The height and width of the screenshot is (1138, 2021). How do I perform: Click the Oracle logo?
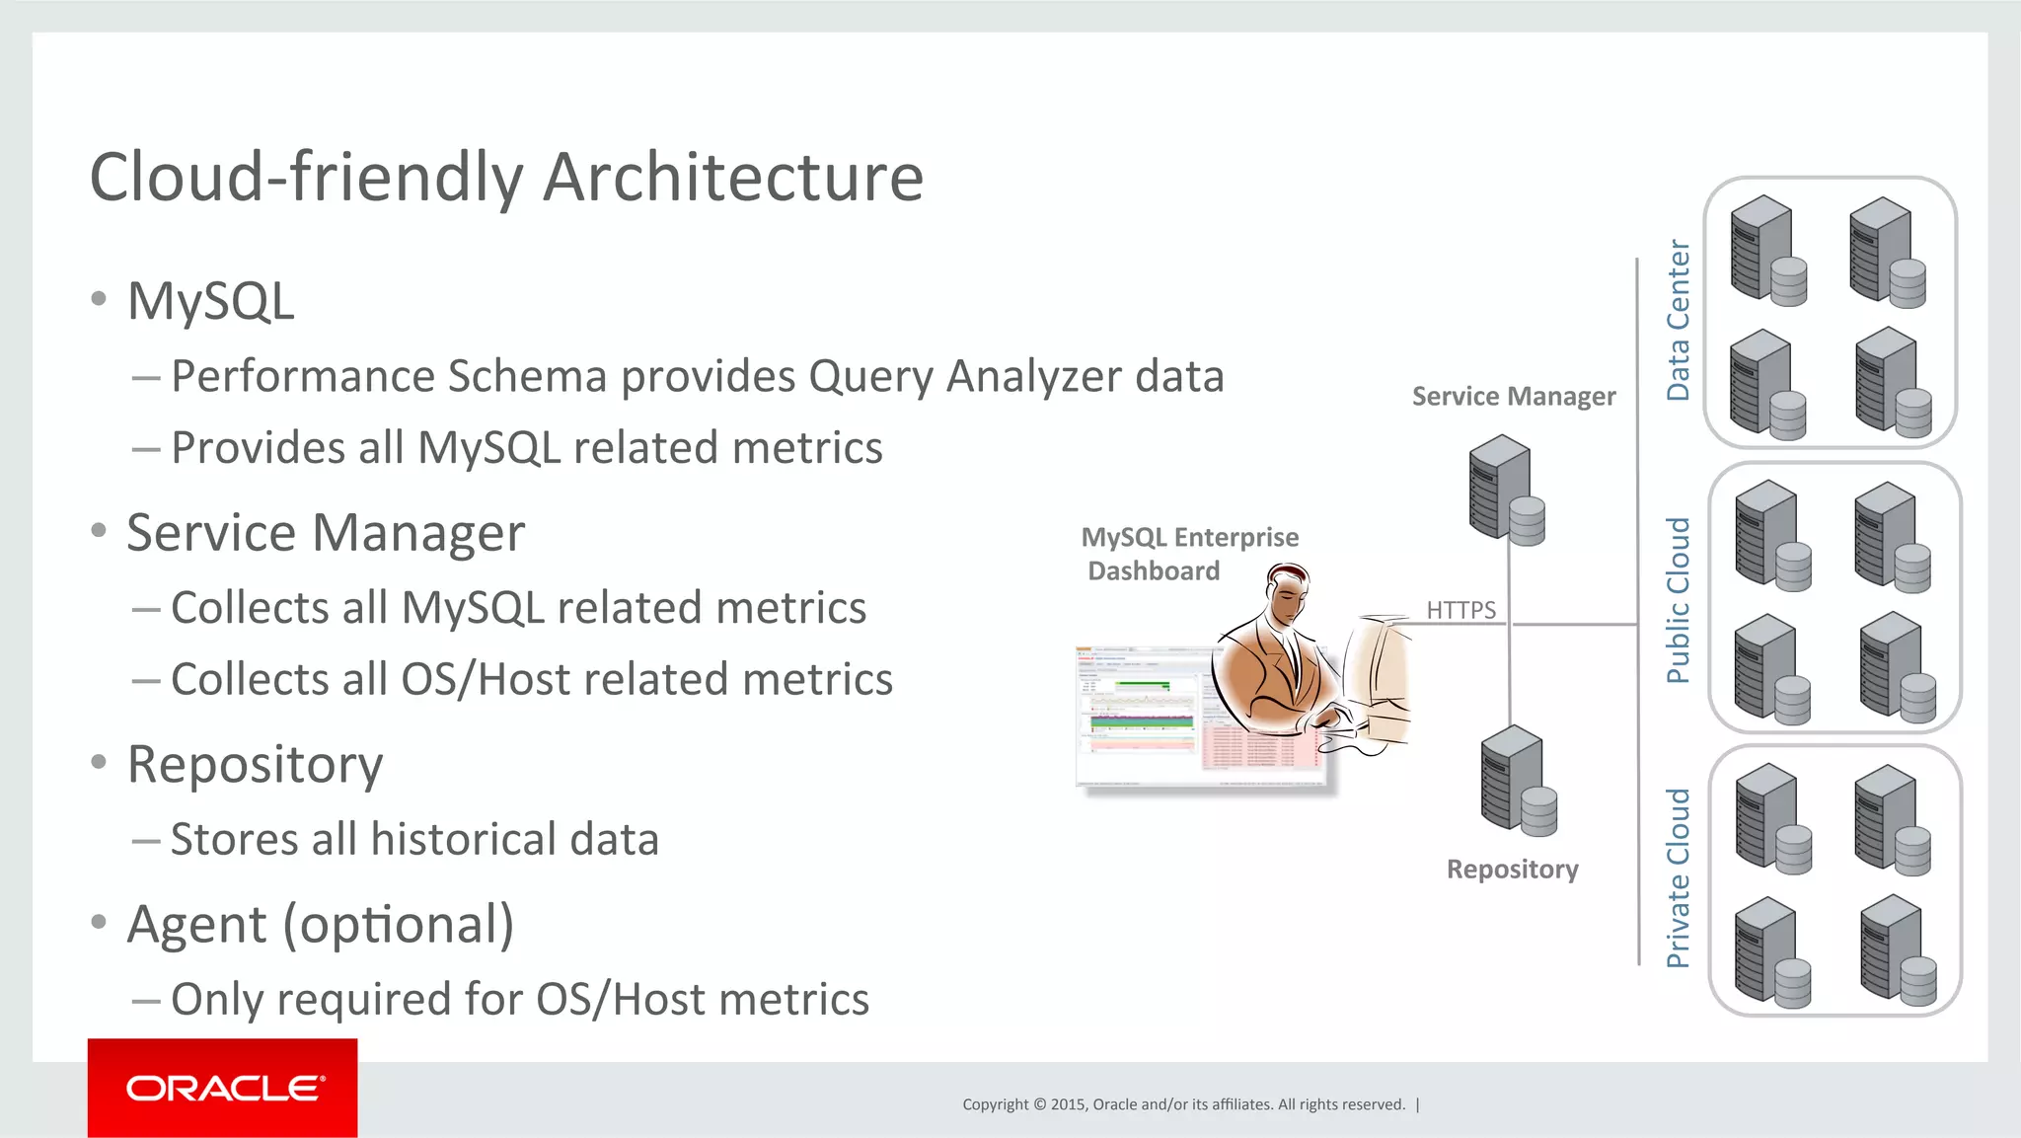[x=223, y=1088]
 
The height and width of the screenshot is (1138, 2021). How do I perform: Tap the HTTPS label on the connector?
[x=1460, y=610]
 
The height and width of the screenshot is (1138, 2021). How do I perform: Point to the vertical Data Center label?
[x=1678, y=320]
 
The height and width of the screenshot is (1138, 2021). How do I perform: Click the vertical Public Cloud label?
[x=1678, y=600]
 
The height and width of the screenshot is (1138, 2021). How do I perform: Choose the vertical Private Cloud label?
[x=1678, y=877]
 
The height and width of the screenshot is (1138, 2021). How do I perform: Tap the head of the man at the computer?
[x=1289, y=592]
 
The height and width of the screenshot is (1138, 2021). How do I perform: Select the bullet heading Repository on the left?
[x=255, y=764]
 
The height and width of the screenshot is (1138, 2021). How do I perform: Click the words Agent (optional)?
[x=321, y=925]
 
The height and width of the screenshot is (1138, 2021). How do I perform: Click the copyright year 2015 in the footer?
[x=1068, y=1104]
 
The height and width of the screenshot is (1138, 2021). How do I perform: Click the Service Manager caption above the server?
[x=1513, y=397]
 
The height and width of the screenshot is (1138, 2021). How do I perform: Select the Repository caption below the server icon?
[x=1512, y=870]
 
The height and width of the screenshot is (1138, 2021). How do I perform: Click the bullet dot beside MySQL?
[x=98, y=299]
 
